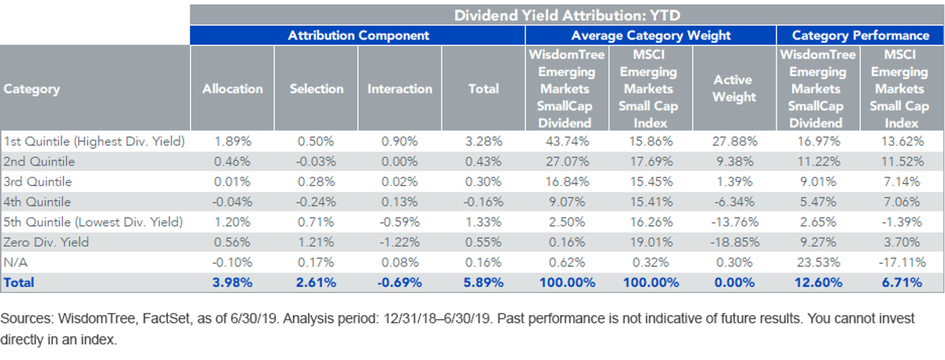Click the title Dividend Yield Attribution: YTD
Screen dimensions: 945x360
tap(567, 15)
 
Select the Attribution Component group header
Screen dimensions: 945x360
tap(358, 35)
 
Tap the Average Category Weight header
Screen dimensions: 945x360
tap(650, 35)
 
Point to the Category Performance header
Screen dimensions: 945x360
tap(860, 35)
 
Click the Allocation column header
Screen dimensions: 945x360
tap(232, 89)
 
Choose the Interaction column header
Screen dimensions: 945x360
tap(399, 89)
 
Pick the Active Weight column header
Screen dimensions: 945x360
tap(734, 88)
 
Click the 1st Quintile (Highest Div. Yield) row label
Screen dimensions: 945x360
tap(94, 141)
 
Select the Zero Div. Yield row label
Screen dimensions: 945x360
tap(46, 243)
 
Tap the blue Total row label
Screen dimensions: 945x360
tap(19, 282)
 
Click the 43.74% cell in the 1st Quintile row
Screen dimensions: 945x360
tap(567, 141)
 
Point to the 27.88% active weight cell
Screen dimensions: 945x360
tap(735, 141)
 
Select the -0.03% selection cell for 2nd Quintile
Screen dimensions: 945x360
tap(316, 161)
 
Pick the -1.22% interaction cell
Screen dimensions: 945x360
tap(399, 243)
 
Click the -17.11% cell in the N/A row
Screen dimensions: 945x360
tap(902, 262)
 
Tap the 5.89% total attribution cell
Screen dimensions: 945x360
tap(484, 282)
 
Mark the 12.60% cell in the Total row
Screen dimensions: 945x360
tap(818, 282)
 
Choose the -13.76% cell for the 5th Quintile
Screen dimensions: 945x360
tap(735, 222)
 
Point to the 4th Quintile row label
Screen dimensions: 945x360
tap(37, 202)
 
